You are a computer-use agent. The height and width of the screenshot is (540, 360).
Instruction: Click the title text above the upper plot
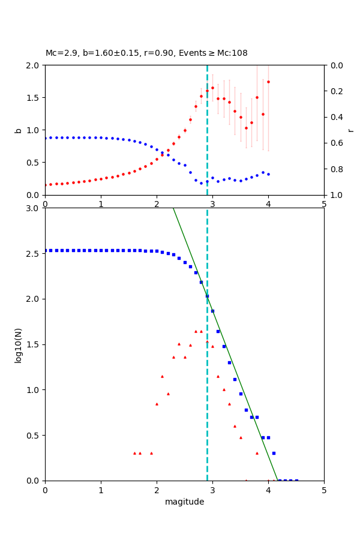click(146, 53)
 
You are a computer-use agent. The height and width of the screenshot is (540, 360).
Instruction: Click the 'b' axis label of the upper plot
click(19, 130)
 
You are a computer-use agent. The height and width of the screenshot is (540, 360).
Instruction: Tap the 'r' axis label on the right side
click(350, 130)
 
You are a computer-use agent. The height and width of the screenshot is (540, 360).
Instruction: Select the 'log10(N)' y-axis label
click(19, 344)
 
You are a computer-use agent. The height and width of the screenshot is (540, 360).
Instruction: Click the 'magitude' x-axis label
click(184, 502)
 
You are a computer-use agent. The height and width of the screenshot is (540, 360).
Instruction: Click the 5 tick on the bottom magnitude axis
click(324, 490)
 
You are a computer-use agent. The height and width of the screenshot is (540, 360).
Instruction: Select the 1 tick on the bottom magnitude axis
click(101, 490)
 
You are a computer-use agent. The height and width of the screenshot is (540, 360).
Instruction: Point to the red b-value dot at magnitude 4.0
click(268, 82)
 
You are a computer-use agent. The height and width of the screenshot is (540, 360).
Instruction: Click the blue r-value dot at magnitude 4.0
click(268, 174)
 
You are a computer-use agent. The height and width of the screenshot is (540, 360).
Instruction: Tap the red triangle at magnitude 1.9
click(151, 453)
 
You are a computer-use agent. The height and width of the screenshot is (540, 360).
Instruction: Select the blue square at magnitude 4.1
click(274, 453)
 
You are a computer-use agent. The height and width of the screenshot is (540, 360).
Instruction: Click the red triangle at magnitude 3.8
click(257, 453)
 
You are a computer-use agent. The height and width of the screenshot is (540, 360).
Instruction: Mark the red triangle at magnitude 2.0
click(157, 404)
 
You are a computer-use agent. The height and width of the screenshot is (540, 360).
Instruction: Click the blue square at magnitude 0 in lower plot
click(45, 250)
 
